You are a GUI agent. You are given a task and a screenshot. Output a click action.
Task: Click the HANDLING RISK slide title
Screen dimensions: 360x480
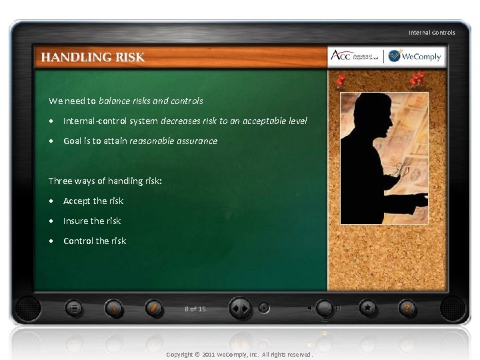click(x=93, y=57)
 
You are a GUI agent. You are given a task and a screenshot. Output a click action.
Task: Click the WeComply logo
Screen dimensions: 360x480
click(x=415, y=56)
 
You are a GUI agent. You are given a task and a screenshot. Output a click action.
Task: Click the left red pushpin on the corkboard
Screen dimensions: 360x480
click(x=341, y=82)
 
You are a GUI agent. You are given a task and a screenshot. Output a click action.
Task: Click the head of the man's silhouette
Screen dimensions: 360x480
click(x=373, y=110)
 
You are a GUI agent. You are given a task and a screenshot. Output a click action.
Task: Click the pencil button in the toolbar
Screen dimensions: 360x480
click(x=153, y=309)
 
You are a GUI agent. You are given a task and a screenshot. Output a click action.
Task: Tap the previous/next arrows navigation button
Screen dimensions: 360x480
click(x=239, y=309)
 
